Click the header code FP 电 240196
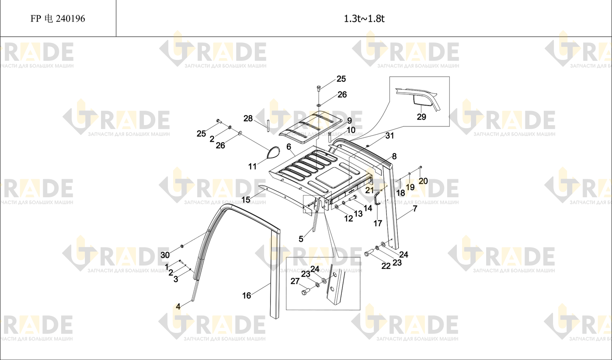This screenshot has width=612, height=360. [x=58, y=18]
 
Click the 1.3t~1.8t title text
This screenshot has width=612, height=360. [x=364, y=18]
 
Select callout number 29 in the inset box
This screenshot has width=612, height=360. [x=421, y=117]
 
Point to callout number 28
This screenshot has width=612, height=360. [x=248, y=119]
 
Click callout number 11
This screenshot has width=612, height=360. [x=252, y=166]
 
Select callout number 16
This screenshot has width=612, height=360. [x=247, y=295]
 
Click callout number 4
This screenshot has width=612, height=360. [x=178, y=307]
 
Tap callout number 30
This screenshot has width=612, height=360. [x=165, y=255]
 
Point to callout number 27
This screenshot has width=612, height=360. [x=295, y=281]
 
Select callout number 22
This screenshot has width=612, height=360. [x=386, y=266]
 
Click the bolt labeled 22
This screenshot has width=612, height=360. [x=369, y=253]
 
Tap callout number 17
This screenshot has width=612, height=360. [x=378, y=224]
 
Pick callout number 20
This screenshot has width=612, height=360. [x=423, y=181]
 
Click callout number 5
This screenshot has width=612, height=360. [x=301, y=239]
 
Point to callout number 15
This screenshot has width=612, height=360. [x=246, y=199]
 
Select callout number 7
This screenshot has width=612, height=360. [x=415, y=209]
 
